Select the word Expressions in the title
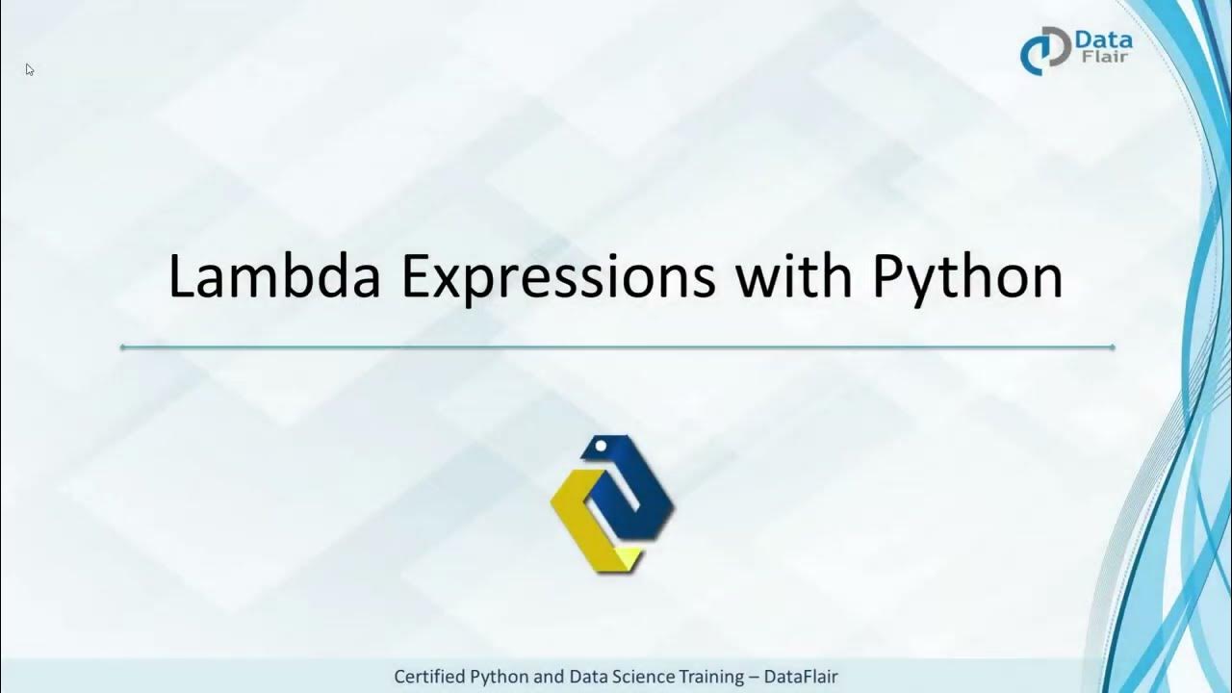point(558,277)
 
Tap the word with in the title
point(793,277)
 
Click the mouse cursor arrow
point(30,69)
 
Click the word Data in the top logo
point(1104,39)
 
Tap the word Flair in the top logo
point(1104,57)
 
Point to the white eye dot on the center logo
point(600,447)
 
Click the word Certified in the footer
point(429,677)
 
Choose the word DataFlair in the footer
point(801,677)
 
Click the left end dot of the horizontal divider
point(123,346)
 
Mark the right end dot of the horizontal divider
point(1112,346)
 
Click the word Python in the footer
point(500,677)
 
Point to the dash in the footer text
point(753,677)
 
